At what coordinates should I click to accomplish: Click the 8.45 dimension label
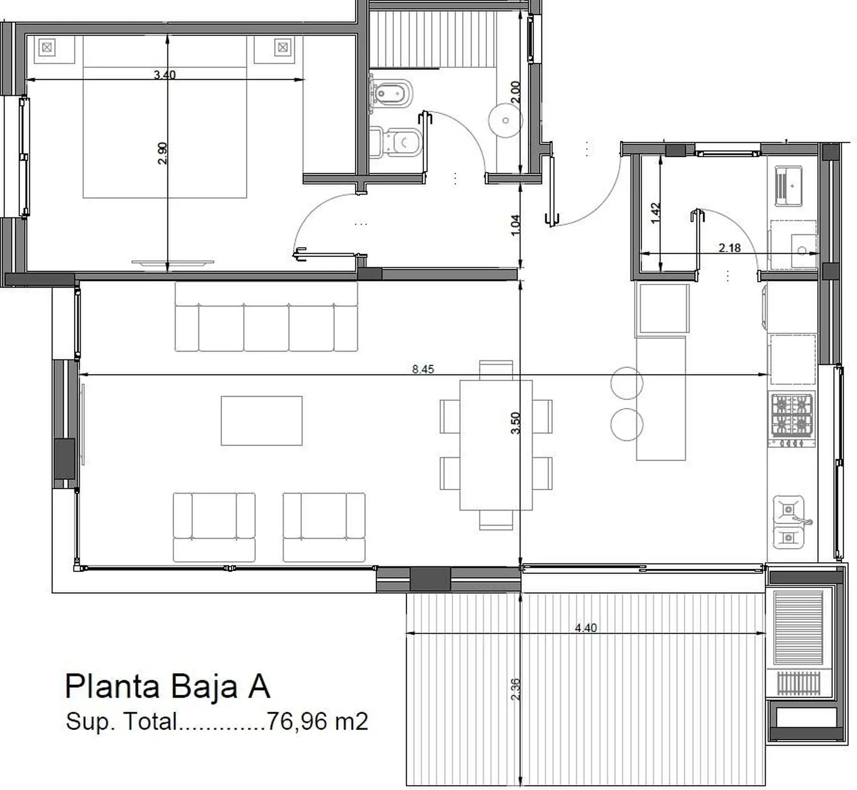pyautogui.click(x=423, y=369)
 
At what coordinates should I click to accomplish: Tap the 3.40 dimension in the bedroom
pyautogui.click(x=165, y=75)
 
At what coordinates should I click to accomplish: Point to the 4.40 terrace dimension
pyautogui.click(x=586, y=628)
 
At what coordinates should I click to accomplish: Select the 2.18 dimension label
pyautogui.click(x=730, y=248)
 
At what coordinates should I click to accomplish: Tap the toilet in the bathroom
pyautogui.click(x=396, y=142)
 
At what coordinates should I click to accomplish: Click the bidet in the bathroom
pyautogui.click(x=391, y=93)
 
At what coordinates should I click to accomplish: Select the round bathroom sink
pyautogui.click(x=505, y=120)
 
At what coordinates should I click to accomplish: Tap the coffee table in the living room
pyautogui.click(x=262, y=420)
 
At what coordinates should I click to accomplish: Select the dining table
pyautogui.click(x=496, y=445)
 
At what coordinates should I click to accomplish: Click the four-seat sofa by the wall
pyautogui.click(x=266, y=317)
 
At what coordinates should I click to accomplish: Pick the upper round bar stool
pyautogui.click(x=627, y=383)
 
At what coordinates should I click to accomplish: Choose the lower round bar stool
pyautogui.click(x=627, y=424)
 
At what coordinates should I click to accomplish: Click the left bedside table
pyautogui.click(x=55, y=49)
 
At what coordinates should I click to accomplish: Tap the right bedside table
pyautogui.click(x=279, y=49)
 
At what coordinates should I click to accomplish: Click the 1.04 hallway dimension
pyautogui.click(x=515, y=226)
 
